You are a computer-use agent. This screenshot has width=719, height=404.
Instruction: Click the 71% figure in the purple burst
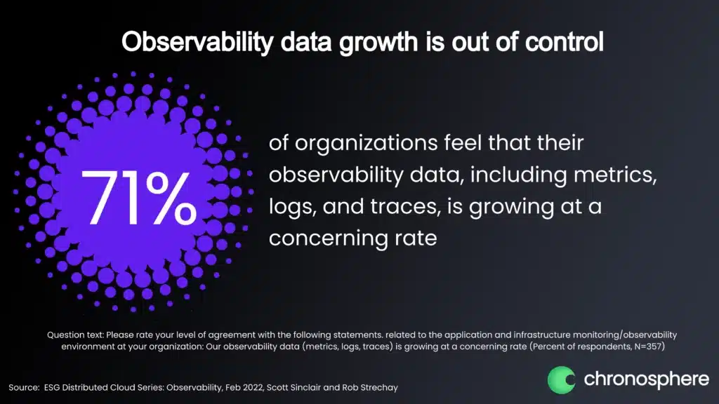coord(138,197)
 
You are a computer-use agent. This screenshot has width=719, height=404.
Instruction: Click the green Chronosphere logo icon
coord(561,379)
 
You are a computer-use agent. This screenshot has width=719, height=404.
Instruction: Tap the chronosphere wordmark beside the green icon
coord(647,379)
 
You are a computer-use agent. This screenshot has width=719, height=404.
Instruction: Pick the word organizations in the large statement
coord(365,143)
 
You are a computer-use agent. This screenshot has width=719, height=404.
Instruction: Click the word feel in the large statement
coord(463,142)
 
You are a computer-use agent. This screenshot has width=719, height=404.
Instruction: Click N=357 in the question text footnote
coord(649,346)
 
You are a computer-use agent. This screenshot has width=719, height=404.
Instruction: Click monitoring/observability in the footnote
coord(624,335)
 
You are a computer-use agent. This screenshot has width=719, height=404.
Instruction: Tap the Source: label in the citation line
coord(24,387)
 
